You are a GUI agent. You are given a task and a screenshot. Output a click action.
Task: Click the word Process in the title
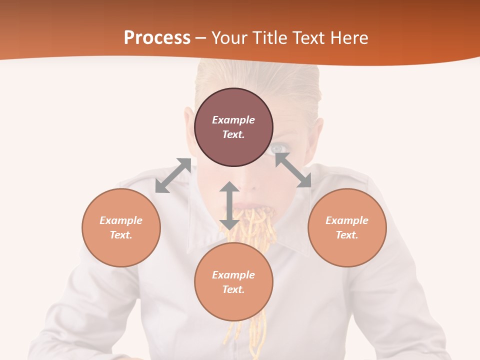click(x=157, y=37)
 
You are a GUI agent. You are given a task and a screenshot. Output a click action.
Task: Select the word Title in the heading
click(x=268, y=37)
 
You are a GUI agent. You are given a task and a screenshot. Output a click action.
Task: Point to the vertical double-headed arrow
click(x=229, y=205)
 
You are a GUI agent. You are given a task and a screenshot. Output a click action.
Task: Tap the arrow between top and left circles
click(x=173, y=175)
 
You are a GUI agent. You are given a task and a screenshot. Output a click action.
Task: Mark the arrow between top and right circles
click(x=293, y=170)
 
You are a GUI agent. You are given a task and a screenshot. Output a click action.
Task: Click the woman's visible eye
click(x=279, y=148)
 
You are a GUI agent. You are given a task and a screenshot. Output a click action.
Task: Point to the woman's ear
click(x=188, y=125)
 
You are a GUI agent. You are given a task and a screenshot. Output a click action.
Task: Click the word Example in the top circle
click(x=233, y=120)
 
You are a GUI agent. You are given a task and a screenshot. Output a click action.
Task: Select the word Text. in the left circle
click(x=121, y=235)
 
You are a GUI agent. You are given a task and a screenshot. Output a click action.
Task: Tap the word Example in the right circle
click(x=347, y=220)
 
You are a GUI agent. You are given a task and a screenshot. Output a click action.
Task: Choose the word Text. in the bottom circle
click(x=233, y=289)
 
